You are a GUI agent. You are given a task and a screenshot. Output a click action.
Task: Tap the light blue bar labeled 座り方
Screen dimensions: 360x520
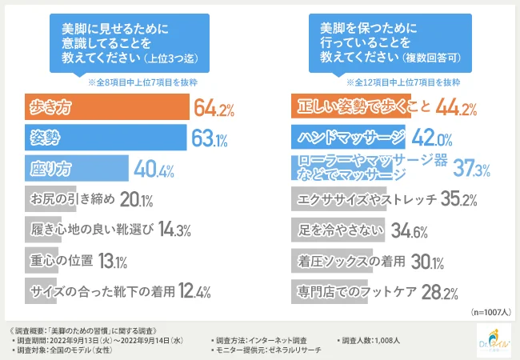pos(77,169)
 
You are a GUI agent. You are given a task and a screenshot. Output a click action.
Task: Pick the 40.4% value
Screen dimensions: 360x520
pos(154,169)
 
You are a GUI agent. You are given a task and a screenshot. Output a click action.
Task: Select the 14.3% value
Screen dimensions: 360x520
pos(174,230)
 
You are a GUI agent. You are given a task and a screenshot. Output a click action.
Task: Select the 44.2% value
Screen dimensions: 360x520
pos(457,107)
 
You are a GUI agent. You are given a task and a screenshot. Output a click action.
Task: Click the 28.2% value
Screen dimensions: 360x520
pos(440,290)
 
